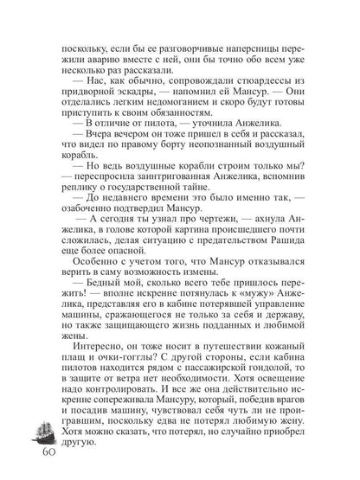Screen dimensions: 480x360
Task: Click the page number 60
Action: (x=44, y=455)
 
